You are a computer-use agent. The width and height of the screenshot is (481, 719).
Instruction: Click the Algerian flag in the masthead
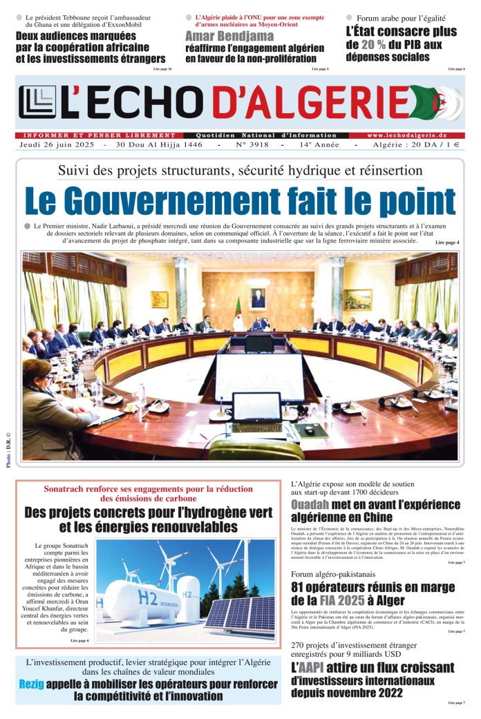[x=437, y=102]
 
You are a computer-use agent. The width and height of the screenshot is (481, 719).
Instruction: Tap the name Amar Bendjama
[x=220, y=36]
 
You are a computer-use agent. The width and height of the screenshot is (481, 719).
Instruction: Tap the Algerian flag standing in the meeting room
[x=238, y=314]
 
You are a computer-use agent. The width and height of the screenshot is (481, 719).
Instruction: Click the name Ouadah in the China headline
[x=314, y=505]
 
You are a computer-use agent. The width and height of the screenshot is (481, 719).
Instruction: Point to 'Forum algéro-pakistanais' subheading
[x=333, y=574]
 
